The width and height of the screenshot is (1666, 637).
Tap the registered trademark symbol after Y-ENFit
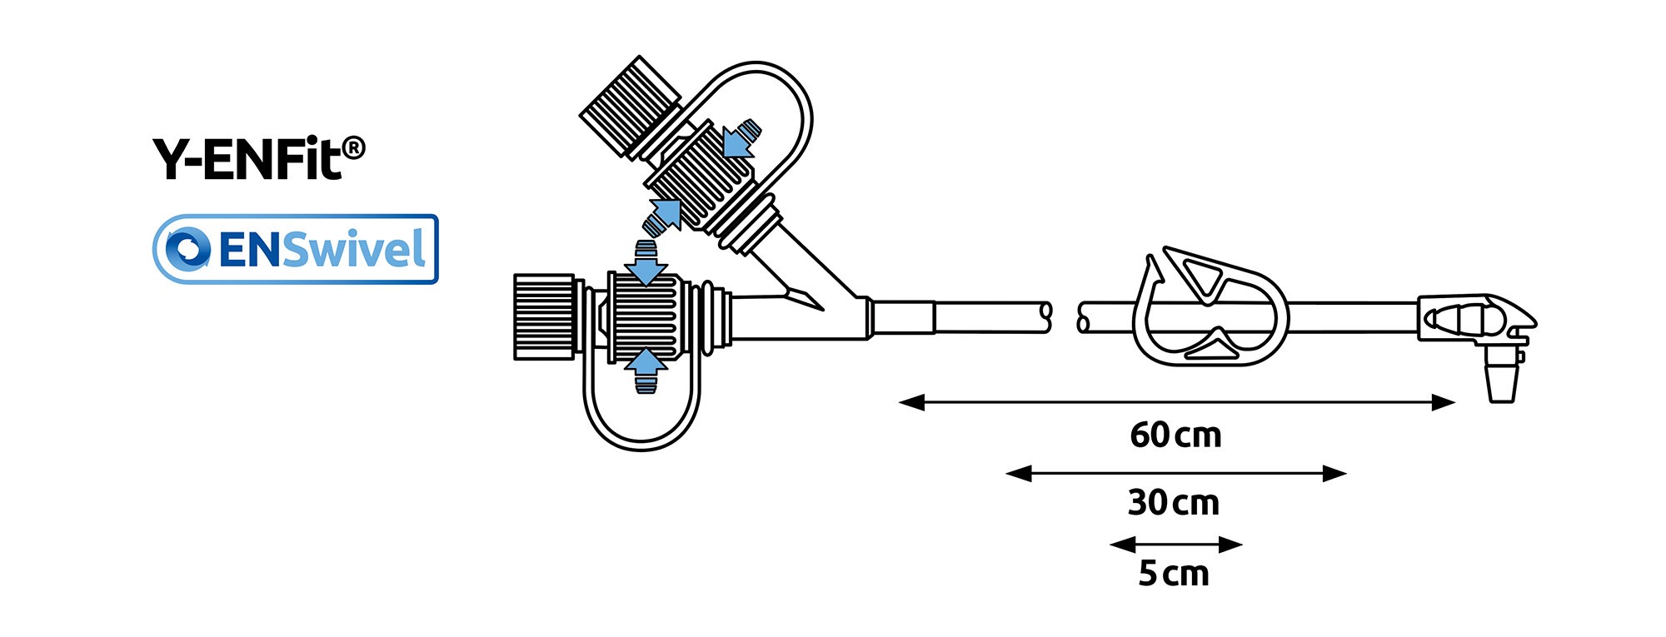pos(353,149)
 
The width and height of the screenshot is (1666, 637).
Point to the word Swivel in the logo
pos(354,249)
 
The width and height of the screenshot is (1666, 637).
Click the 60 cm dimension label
pos(1175,435)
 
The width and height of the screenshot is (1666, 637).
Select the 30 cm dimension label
pos(1174,503)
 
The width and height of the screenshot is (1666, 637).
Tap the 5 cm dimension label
pos(1174,574)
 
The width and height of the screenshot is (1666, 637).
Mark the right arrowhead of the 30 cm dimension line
pos(1334,474)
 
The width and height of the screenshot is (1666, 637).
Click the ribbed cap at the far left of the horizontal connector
pos(544,316)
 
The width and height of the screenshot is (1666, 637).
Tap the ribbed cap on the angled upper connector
pos(630,107)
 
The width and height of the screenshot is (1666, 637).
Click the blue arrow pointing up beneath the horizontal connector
pos(646,365)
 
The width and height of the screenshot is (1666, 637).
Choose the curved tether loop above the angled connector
pos(783,108)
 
